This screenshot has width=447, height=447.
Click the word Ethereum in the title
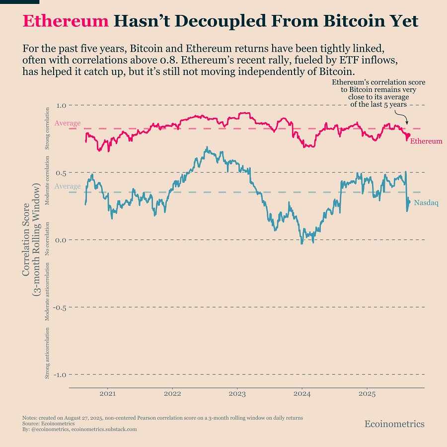click(x=66, y=21)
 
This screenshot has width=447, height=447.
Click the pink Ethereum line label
click(x=426, y=141)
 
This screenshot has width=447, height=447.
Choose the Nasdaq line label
click(x=426, y=203)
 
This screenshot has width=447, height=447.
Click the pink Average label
click(x=68, y=123)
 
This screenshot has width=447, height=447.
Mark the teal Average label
click(x=68, y=186)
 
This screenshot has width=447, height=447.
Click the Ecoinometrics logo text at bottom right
click(x=394, y=424)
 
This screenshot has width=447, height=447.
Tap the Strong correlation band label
click(x=48, y=128)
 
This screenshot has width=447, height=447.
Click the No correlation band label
click(x=48, y=240)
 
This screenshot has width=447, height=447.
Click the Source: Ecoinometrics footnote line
click(x=49, y=424)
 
